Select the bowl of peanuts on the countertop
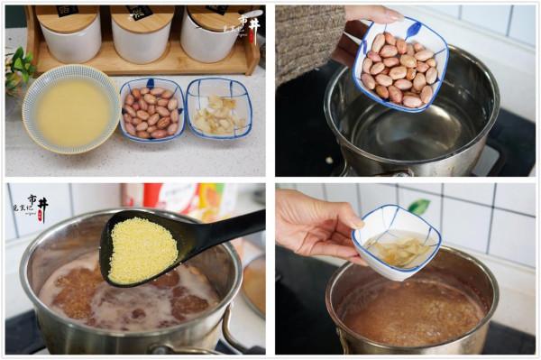tap(151, 110)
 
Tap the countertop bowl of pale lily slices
tap(218, 110)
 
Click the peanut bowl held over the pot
tap(399, 63)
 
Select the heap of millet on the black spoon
tap(142, 250)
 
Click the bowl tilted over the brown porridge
tap(397, 242)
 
